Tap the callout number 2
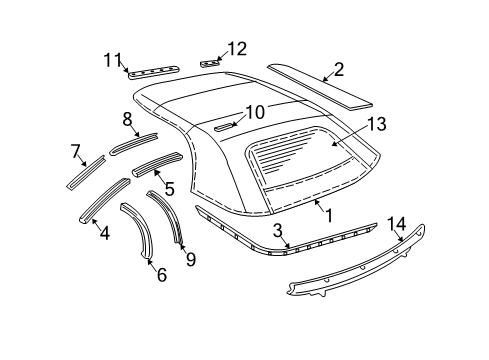(339, 69)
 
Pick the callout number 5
(170, 187)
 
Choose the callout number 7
(75, 151)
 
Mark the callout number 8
(127, 119)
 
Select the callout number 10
(255, 113)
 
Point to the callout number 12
(236, 48)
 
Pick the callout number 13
(375, 124)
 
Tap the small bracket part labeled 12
(209, 63)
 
